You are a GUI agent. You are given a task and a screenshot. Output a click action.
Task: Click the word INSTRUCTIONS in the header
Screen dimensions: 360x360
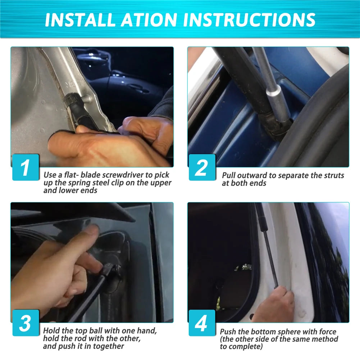[249, 20]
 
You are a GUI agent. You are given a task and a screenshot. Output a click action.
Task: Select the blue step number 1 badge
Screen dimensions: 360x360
[26, 167]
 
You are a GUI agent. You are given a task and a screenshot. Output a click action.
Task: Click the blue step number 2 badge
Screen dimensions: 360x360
[202, 167]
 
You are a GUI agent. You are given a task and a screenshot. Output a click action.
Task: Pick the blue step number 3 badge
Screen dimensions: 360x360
[26, 323]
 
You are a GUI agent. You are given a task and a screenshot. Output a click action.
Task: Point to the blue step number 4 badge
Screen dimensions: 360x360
[202, 323]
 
